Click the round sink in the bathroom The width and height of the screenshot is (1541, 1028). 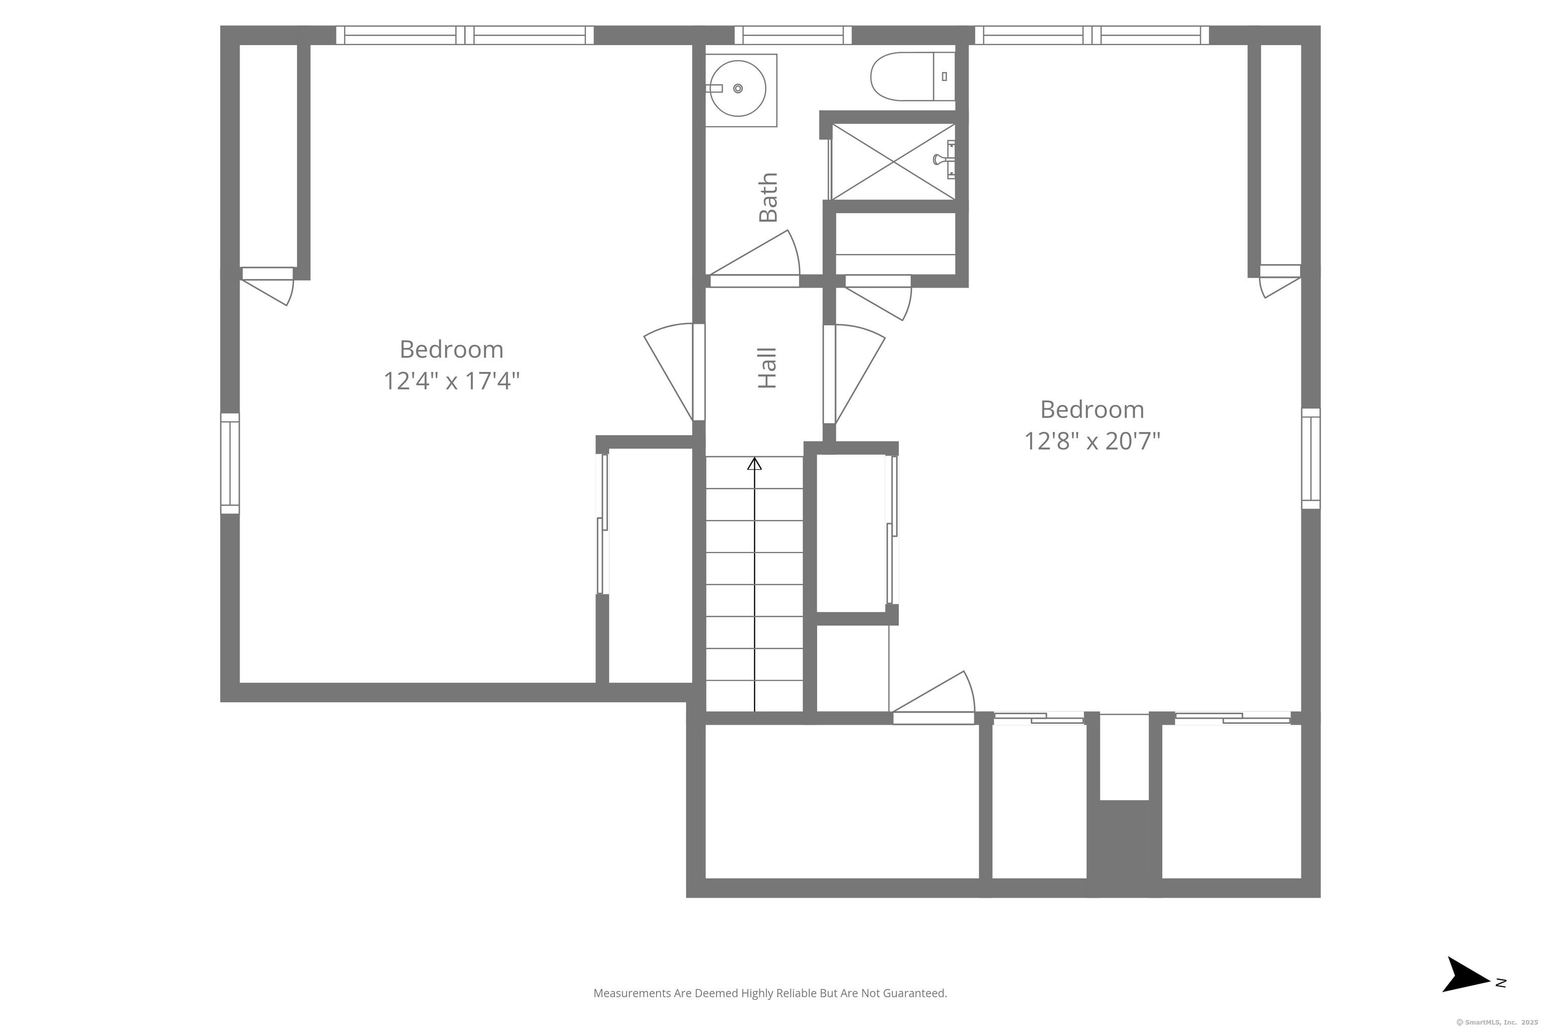click(x=738, y=88)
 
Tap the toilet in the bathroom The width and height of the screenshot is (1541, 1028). click(x=912, y=77)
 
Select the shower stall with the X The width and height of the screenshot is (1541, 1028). click(x=893, y=161)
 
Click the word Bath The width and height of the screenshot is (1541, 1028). click(x=768, y=197)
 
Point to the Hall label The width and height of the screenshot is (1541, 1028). click(x=766, y=368)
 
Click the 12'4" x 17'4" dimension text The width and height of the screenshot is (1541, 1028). click(x=451, y=381)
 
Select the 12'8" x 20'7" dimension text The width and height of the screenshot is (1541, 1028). click(x=1092, y=441)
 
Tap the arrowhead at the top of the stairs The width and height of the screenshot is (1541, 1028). click(x=755, y=463)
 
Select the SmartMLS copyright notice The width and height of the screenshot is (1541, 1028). click(x=1497, y=1022)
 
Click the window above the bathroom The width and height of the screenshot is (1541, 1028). click(x=793, y=36)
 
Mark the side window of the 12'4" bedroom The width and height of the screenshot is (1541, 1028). click(x=230, y=463)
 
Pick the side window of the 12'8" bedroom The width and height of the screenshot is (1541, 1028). click(x=1310, y=458)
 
